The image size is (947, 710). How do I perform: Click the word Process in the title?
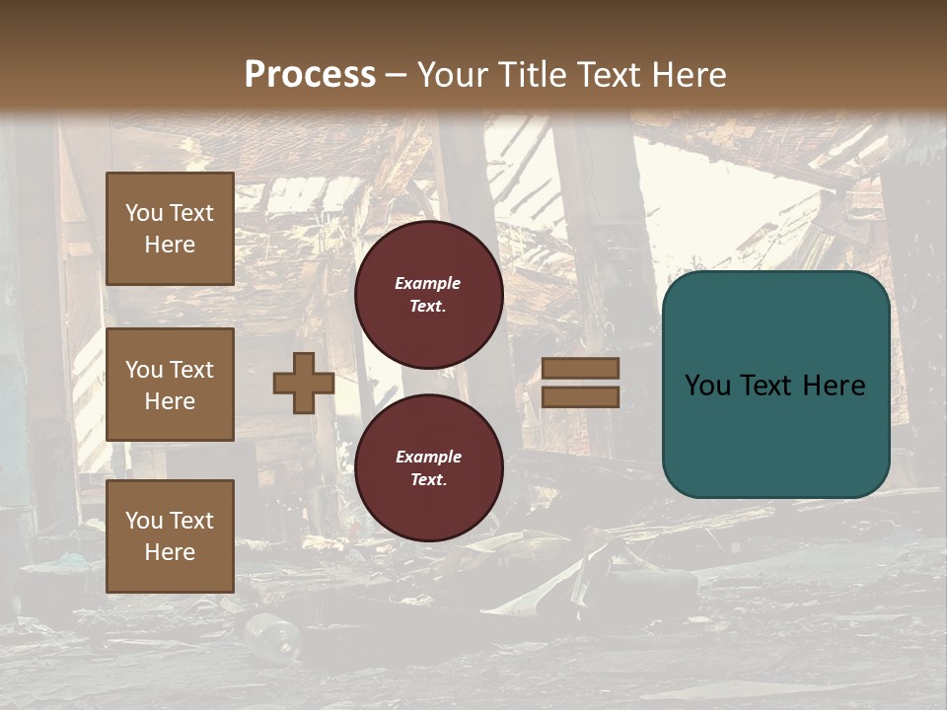pos(310,75)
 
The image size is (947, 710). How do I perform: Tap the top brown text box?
pos(170,229)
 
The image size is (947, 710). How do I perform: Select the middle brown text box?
pos(170,385)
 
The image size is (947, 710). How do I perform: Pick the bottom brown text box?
pos(170,536)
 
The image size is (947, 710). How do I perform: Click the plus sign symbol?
pos(304,383)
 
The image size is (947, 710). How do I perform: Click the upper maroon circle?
pos(428,295)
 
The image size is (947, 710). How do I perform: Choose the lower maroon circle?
pos(428,468)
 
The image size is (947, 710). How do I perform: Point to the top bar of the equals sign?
pos(580,368)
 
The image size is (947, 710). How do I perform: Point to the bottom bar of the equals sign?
pos(580,396)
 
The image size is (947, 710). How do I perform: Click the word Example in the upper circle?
pos(428,283)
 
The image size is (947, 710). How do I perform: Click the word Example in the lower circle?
pos(428,457)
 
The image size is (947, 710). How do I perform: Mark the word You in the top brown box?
pos(143,213)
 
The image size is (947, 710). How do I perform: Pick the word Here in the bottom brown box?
pos(170,552)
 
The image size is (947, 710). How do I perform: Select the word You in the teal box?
pos(707,385)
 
